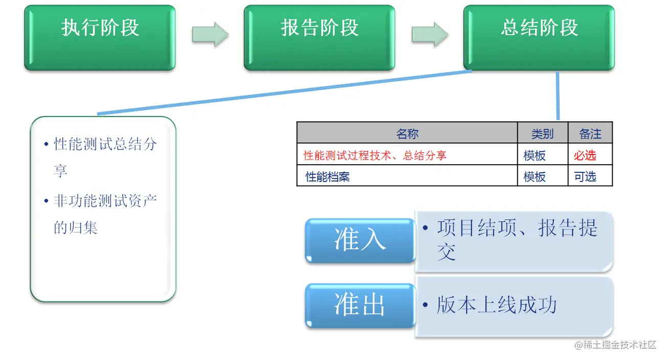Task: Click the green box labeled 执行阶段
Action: (100, 37)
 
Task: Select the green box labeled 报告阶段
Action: (319, 37)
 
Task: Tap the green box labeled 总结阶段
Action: (539, 37)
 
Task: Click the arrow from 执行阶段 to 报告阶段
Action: (210, 34)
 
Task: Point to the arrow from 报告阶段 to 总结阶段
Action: (430, 34)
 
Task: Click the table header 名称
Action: (407, 134)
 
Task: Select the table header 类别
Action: (542, 134)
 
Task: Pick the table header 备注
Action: (590, 134)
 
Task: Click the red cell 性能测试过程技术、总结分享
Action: (375, 155)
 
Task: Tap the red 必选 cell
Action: (585, 155)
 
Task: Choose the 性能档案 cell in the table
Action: (327, 177)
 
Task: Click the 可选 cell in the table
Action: (585, 177)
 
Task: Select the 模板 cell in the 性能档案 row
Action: (535, 177)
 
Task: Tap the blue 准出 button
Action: (360, 305)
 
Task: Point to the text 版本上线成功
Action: (496, 305)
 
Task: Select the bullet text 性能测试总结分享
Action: (105, 156)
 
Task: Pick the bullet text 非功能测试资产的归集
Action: (105, 214)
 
